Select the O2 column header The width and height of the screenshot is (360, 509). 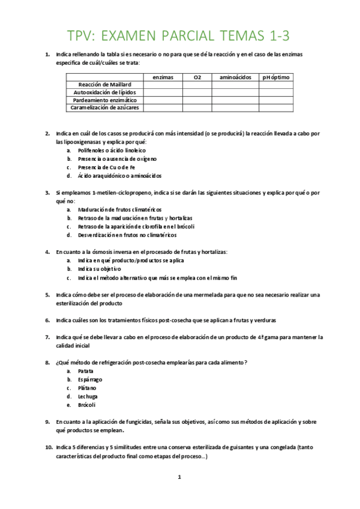pyautogui.click(x=197, y=77)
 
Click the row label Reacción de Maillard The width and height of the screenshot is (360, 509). pyautogui.click(x=104, y=85)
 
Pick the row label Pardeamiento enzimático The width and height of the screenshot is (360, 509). pyautogui.click(x=104, y=100)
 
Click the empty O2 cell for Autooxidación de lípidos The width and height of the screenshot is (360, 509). pyautogui.click(x=197, y=93)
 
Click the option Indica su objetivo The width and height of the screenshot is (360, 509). pyautogui.click(x=98, y=270)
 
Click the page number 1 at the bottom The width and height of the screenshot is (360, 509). pyautogui.click(x=179, y=477)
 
